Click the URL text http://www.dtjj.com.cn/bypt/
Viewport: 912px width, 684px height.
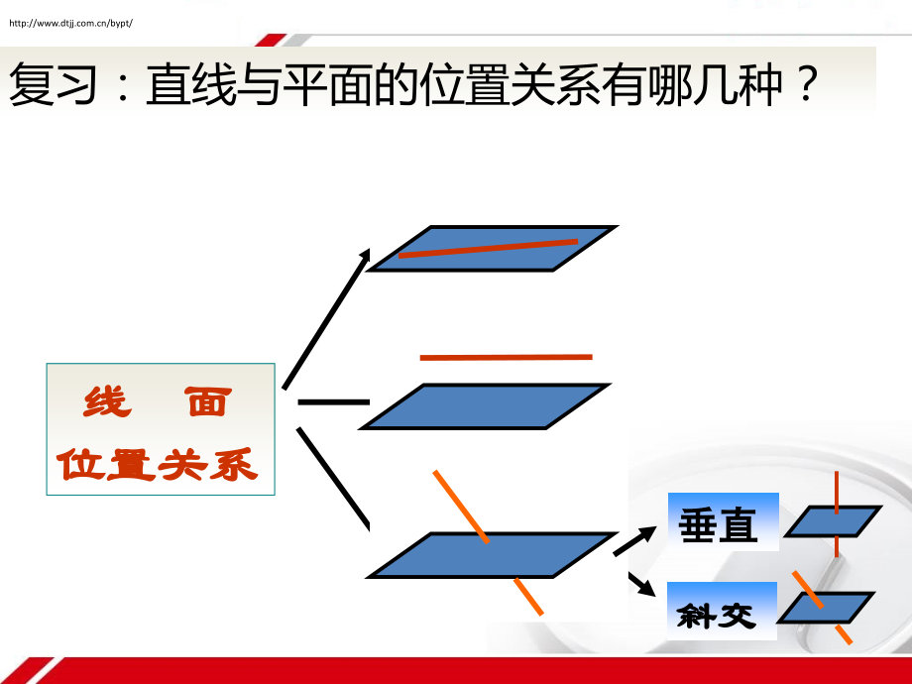[x=71, y=23]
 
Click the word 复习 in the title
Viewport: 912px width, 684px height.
[x=53, y=84]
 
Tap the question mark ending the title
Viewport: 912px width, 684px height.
[x=807, y=83]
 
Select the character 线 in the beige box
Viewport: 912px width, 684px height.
[x=108, y=401]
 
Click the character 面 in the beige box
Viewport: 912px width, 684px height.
[x=208, y=401]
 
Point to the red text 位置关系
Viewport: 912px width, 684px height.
[x=157, y=464]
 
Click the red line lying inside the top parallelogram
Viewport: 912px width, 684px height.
[x=488, y=248]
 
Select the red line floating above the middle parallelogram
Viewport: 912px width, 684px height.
[x=506, y=357]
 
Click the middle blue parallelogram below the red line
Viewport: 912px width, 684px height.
[x=485, y=406]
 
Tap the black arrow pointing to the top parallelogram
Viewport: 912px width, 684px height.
[x=326, y=319]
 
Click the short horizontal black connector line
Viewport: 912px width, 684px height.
[x=334, y=401]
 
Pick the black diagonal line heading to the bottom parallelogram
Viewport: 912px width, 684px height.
[x=333, y=479]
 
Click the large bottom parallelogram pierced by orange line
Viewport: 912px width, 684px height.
[x=492, y=555]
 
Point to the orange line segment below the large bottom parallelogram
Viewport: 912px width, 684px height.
[x=528, y=596]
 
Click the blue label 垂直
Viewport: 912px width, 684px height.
[x=723, y=521]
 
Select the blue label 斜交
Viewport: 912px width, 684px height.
[x=722, y=611]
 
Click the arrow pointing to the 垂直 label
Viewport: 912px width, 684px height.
[x=634, y=541]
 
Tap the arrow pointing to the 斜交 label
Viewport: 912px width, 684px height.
[x=642, y=584]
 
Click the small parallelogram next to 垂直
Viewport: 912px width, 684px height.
[x=833, y=521]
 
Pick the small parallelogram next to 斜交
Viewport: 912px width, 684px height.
[x=827, y=608]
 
